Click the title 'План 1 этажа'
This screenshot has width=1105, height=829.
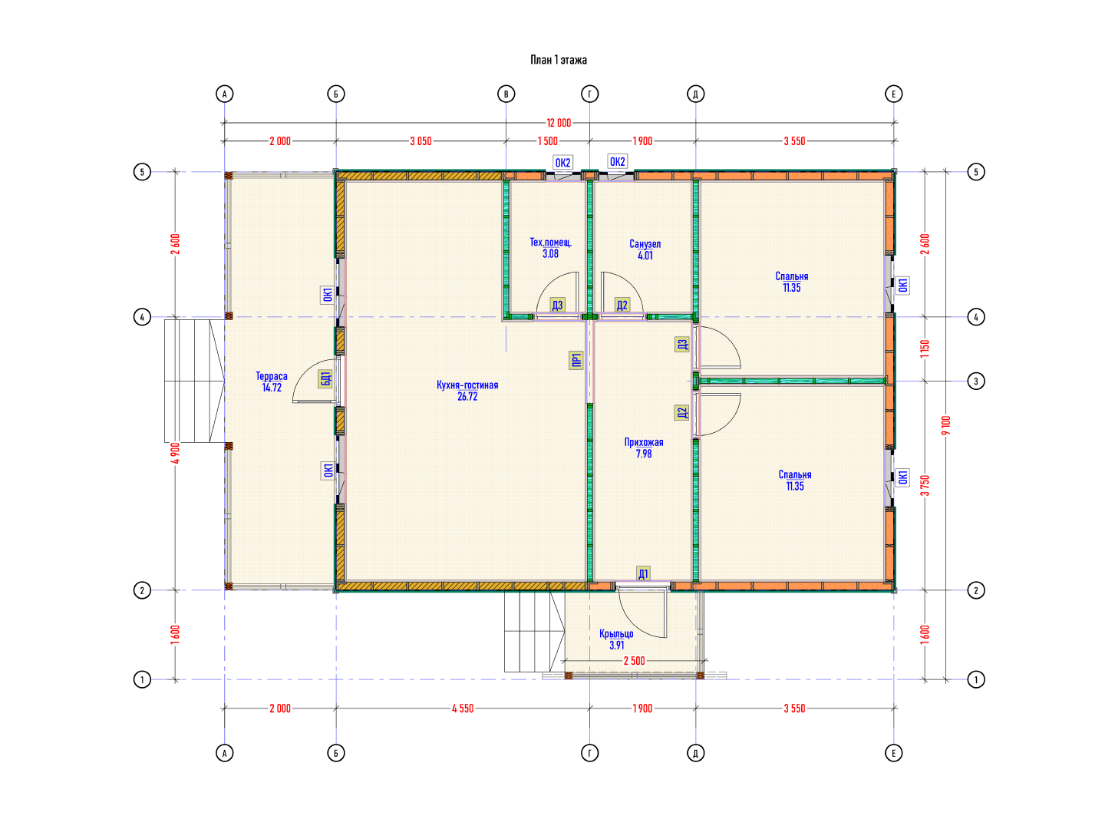[559, 60]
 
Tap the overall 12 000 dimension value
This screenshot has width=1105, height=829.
[559, 123]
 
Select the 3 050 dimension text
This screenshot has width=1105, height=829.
[421, 141]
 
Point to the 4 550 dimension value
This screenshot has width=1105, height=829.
[463, 708]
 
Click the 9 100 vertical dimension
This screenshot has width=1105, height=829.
[946, 425]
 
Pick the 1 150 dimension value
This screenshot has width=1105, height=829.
[925, 348]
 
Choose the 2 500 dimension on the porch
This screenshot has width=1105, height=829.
[634, 661]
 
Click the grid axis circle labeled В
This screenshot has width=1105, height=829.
[506, 94]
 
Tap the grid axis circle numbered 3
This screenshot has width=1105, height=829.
[975, 381]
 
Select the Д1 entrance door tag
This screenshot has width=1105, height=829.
[643, 574]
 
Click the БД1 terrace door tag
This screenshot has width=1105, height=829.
[325, 379]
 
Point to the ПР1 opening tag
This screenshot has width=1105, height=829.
[576, 360]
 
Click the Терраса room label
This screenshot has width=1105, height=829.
[272, 376]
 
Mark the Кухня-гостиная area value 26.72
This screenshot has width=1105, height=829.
[467, 397]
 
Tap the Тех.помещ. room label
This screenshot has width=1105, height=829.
[550, 243]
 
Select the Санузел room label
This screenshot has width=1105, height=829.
[645, 244]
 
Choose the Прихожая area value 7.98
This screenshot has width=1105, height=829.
[643, 454]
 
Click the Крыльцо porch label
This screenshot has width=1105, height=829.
[616, 634]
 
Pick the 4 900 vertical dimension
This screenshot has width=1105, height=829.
[175, 453]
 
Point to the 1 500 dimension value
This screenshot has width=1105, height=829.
[547, 141]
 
